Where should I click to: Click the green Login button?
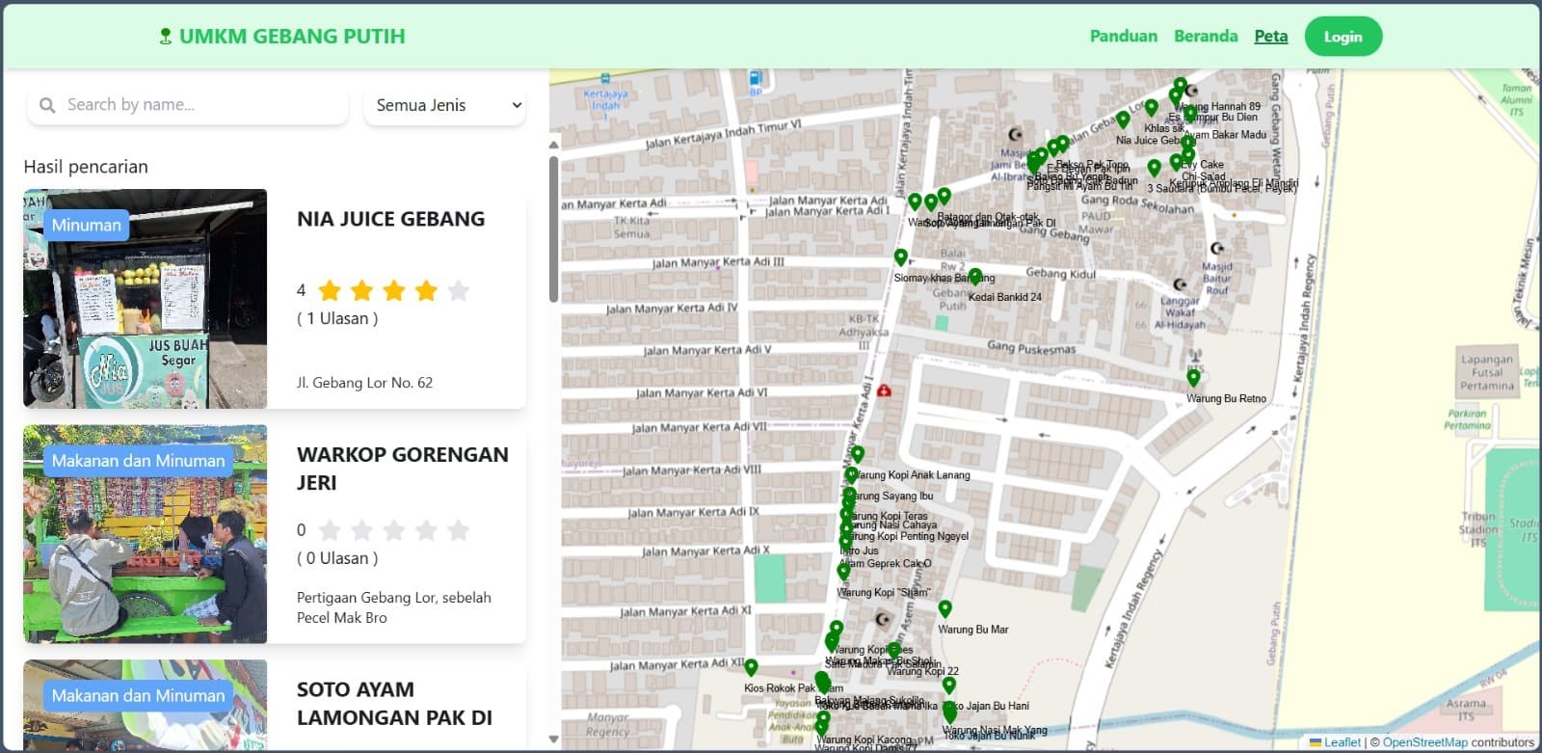click(1343, 37)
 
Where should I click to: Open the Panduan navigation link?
click(1123, 36)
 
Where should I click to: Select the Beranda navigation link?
click(1205, 36)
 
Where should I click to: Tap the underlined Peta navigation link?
click(1270, 36)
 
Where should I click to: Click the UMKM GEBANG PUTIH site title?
click(291, 37)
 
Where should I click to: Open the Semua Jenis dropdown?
click(445, 105)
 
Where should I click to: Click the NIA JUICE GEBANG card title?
click(390, 219)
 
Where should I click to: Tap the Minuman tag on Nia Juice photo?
click(87, 225)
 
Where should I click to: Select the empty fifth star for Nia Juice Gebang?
click(459, 290)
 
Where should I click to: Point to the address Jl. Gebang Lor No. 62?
click(364, 383)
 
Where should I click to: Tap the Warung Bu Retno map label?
click(1226, 398)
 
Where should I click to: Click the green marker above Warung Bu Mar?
click(944, 609)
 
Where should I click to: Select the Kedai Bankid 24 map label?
click(1004, 297)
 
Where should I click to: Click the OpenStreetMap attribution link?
click(1424, 742)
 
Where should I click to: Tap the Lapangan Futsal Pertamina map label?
click(1486, 372)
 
